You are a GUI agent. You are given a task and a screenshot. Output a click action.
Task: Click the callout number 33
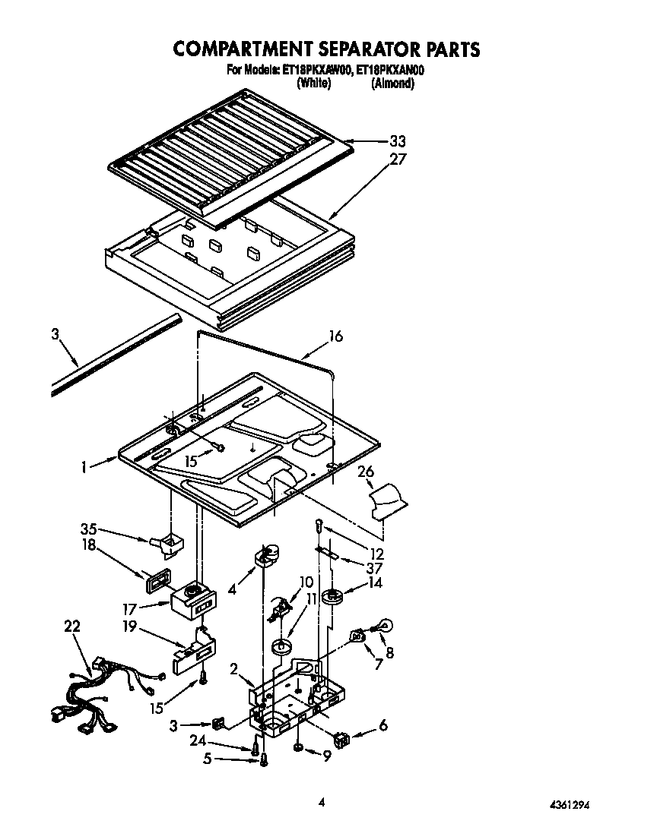click(x=398, y=141)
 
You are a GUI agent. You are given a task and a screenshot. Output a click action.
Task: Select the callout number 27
click(x=398, y=159)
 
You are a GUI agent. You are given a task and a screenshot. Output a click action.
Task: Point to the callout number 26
click(x=366, y=472)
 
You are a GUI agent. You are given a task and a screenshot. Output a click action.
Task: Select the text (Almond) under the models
click(x=392, y=84)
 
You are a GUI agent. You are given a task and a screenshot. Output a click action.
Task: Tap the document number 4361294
click(x=569, y=804)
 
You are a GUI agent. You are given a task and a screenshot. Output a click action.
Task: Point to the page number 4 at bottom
click(x=322, y=802)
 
